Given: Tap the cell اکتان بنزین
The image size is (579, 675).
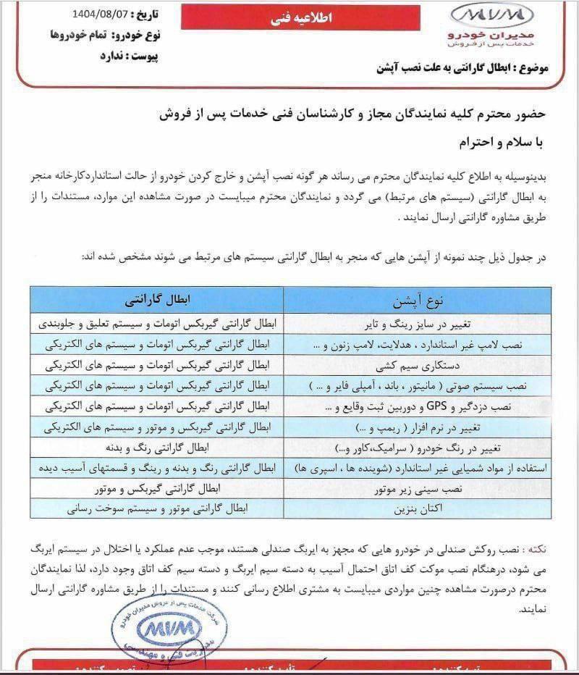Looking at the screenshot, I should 415,509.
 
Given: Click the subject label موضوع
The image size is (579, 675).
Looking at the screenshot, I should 531,69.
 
